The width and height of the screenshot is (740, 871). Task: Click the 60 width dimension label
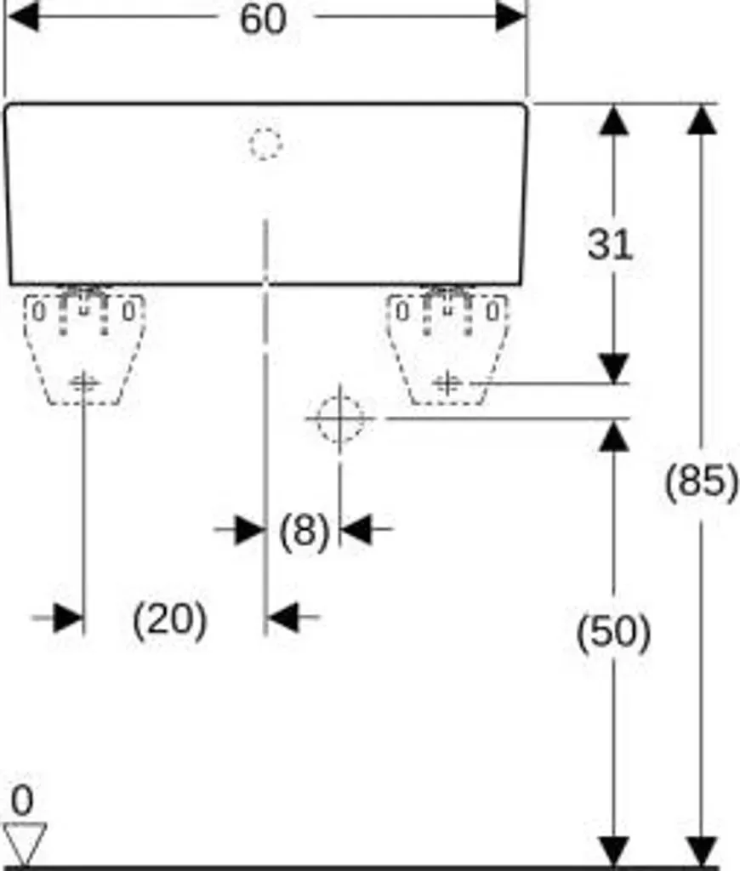tap(263, 19)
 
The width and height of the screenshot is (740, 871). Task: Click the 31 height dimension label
tap(610, 244)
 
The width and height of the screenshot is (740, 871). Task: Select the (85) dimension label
tap(702, 481)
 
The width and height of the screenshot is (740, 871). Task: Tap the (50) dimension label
tap(613, 633)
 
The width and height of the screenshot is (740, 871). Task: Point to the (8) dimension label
tap(304, 532)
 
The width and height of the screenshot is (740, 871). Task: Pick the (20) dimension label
tap(169, 620)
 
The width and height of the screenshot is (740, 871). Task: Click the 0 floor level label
tap(22, 800)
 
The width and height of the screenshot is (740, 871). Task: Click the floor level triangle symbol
tap(25, 843)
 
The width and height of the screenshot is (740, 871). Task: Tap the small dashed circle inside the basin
tap(265, 144)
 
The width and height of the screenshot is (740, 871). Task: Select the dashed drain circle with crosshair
tap(340, 418)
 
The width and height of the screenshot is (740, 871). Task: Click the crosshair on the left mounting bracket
tap(83, 382)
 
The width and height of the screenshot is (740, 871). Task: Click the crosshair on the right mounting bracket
tap(447, 384)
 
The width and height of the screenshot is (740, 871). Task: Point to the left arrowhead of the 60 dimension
tap(23, 16)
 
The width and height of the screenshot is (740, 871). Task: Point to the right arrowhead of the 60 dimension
tap(510, 16)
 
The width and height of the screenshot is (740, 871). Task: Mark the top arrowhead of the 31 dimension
tap(613, 120)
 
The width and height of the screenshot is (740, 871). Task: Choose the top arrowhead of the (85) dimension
tap(702, 120)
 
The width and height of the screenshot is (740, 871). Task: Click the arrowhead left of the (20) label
tap(68, 618)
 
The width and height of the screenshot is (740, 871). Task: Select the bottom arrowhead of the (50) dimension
tap(614, 851)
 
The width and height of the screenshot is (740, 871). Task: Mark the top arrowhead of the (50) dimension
tap(613, 435)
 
